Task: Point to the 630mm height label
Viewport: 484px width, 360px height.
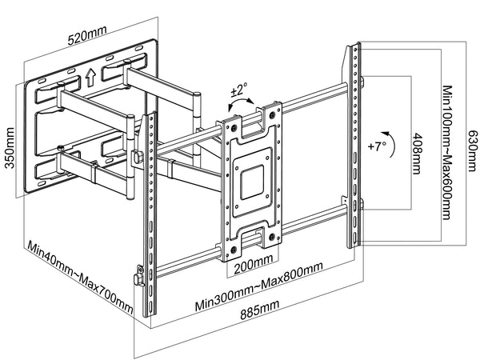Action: coord(473,149)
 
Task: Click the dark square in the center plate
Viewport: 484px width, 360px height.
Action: coord(253,178)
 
